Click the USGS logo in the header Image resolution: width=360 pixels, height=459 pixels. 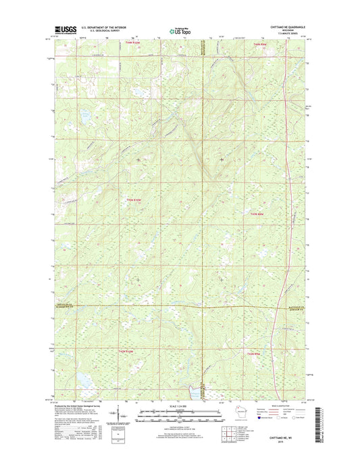point(62,30)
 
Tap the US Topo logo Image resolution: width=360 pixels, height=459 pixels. point(180,30)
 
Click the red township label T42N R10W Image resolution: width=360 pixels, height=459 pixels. point(134,200)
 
